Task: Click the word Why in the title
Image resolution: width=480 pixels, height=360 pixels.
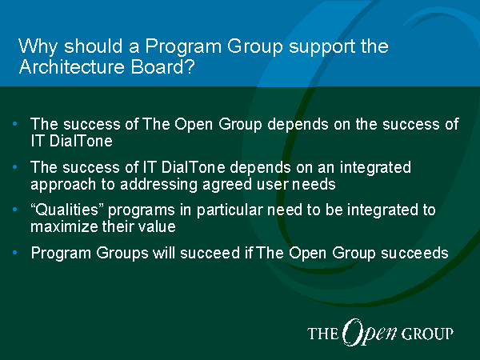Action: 38,47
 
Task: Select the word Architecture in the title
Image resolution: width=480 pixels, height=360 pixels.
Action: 72,66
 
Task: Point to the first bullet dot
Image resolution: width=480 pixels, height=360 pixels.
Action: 14,124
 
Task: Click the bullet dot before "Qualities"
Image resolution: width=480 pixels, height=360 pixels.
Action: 14,210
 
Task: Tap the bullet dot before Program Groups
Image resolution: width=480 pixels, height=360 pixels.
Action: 14,253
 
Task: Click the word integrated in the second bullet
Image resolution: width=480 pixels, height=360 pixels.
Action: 375,168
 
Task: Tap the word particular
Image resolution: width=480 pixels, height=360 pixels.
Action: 230,210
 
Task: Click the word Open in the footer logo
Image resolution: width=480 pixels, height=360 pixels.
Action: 369,333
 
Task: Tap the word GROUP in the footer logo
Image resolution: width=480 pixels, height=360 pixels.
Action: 426,334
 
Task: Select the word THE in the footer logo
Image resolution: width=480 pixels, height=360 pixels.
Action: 322,334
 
